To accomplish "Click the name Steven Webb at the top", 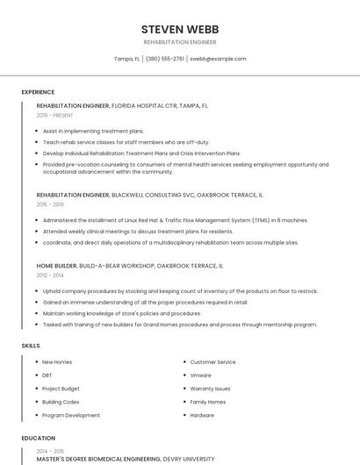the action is pyautogui.click(x=180, y=28).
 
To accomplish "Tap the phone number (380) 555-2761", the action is pyautogui.click(x=165, y=59).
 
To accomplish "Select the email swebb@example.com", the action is pyautogui.click(x=218, y=59).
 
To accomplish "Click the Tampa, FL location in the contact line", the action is pyautogui.click(x=126, y=59).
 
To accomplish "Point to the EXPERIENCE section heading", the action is pyautogui.click(x=38, y=91).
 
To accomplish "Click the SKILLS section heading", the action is pyautogui.click(x=31, y=346).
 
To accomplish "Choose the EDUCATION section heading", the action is pyautogui.click(x=39, y=438).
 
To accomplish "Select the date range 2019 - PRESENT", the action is pyautogui.click(x=55, y=115).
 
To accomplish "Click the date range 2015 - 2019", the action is pyautogui.click(x=50, y=204).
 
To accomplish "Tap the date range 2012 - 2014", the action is pyautogui.click(x=50, y=275).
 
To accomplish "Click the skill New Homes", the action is pyautogui.click(x=57, y=362).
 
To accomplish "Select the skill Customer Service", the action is pyautogui.click(x=212, y=362).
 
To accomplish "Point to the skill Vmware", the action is pyautogui.click(x=201, y=376).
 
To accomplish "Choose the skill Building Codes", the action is pyautogui.click(x=61, y=402).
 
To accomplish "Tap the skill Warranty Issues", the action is pyautogui.click(x=211, y=389).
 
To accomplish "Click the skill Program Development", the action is pyautogui.click(x=71, y=415).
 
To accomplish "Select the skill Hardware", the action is pyautogui.click(x=202, y=415).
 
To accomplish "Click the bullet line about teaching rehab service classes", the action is pyautogui.click(x=126, y=141).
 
